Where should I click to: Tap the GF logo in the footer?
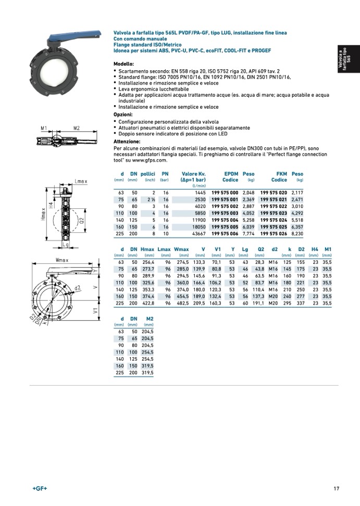[40, 488]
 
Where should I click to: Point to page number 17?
[337, 488]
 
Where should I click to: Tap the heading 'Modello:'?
[123, 64]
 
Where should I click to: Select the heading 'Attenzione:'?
[127, 142]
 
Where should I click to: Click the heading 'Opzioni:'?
[123, 114]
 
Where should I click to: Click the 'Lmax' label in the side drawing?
[81, 181]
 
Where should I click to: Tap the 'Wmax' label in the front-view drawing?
[62, 259]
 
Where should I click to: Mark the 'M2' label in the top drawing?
[76, 128]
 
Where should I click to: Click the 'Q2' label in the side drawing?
[82, 219]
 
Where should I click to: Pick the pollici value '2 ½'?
[152, 199]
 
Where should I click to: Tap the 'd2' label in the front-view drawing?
[78, 288]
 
